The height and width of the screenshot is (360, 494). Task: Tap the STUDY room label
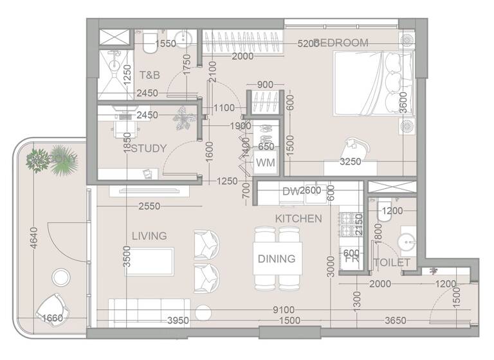(x=149, y=148)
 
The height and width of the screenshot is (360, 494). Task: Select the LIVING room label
(x=149, y=236)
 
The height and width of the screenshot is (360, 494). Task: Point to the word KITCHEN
(x=298, y=219)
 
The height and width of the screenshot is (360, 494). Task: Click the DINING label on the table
(x=277, y=259)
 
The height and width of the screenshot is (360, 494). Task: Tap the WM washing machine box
(x=265, y=163)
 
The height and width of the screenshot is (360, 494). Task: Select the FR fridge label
(x=351, y=262)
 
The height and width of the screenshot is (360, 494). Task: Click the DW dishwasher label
(x=289, y=191)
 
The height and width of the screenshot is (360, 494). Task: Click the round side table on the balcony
(x=60, y=278)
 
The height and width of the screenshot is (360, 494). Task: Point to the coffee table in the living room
(x=149, y=258)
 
